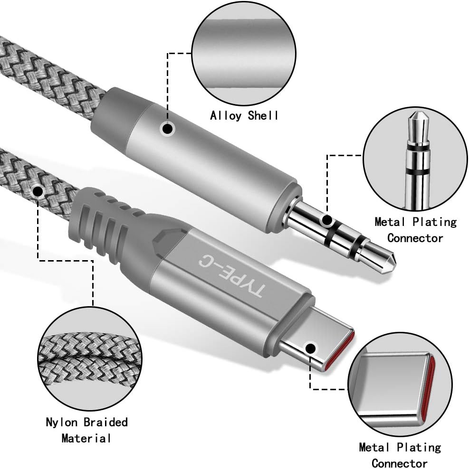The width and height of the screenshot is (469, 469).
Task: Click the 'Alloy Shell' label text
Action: pyautogui.click(x=244, y=115)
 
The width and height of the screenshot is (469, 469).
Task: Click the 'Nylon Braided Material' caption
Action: pyautogui.click(x=86, y=430)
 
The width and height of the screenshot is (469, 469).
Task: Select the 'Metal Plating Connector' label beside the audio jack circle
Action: pyautogui.click(x=415, y=229)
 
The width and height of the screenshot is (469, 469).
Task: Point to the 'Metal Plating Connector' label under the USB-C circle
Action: pyautogui.click(x=400, y=455)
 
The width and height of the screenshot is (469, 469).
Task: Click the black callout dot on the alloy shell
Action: pyautogui.click(x=167, y=129)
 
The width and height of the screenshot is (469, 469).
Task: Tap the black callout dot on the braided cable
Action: pyautogui.click(x=38, y=192)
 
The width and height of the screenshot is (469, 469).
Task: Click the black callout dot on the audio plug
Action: pyautogui.click(x=327, y=220)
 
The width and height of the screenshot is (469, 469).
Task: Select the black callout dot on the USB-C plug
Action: pyautogui.click(x=311, y=349)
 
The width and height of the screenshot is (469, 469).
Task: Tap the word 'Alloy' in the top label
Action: pyautogui.click(x=226, y=115)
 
